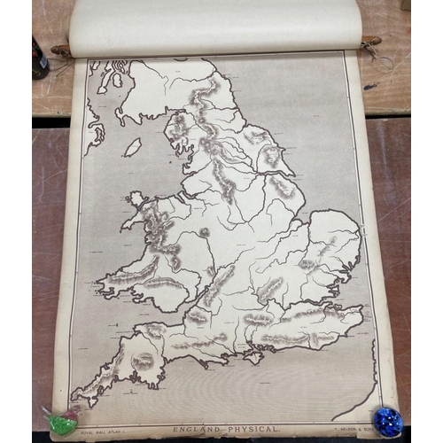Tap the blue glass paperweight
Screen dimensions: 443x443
[x=387, y=420]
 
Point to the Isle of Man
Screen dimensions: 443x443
[x=132, y=147]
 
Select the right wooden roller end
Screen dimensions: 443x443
[x=372, y=41]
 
